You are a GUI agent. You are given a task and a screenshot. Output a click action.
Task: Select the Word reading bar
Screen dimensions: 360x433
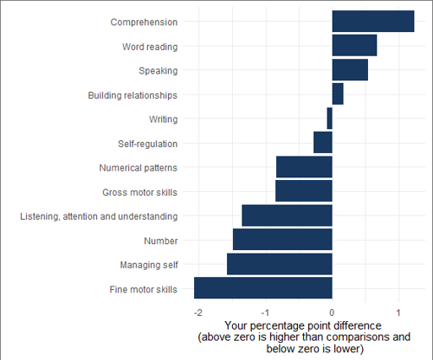[354, 46]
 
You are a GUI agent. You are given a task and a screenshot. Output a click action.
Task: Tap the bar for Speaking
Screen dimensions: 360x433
[350, 70]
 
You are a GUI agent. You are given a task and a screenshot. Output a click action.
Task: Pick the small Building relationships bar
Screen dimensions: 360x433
[338, 94]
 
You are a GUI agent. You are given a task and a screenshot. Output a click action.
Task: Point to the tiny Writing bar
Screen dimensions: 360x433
[330, 119]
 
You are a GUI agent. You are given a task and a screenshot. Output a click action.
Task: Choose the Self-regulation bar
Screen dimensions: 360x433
[323, 143]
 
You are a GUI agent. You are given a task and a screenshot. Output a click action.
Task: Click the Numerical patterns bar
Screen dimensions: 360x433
[304, 167]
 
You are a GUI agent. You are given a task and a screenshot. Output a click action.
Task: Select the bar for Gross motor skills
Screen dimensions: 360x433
[304, 191]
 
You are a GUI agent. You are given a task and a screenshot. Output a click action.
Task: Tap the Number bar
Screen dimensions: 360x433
[282, 240]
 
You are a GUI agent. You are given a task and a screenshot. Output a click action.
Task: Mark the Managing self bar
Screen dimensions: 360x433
[280, 264]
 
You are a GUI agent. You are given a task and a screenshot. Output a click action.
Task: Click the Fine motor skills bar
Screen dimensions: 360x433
[263, 288]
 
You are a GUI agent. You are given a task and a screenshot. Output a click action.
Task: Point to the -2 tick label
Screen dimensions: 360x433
[198, 312]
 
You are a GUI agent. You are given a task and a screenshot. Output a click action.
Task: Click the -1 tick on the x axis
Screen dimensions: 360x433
[265, 312]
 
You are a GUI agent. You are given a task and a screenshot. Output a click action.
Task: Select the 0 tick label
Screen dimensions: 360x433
[332, 312]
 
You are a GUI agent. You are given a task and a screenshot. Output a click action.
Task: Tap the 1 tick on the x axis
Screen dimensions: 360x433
[398, 312]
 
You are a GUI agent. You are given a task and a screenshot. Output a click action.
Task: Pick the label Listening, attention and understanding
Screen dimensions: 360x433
[99, 215]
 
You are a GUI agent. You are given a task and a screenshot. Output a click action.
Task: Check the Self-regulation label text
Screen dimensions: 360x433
[148, 143]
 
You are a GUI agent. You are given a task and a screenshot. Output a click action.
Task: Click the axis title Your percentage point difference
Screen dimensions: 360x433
[301, 325]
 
